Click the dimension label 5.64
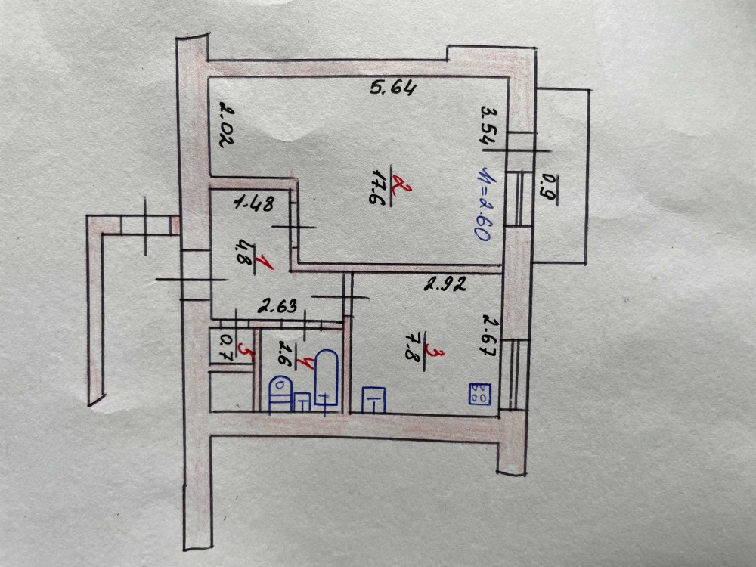pos(393,88)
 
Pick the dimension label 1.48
pos(253,204)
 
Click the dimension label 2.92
pos(445,284)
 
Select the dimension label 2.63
pos(277,305)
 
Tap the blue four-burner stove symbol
pos(479,394)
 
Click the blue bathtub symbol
pos(326,380)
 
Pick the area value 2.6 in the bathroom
pos(286,355)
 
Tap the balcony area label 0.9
pos(549,189)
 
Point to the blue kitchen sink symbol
pos(374,400)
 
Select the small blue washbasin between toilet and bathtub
pos(302,402)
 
